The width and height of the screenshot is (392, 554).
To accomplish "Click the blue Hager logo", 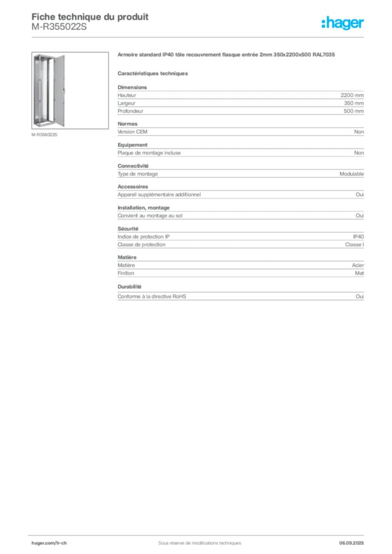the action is (x=344, y=23).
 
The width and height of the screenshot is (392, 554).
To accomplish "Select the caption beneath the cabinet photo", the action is (x=45, y=134).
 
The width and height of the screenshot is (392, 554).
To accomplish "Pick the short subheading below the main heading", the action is (x=153, y=72).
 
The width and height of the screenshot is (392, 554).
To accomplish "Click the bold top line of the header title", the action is (x=89, y=15).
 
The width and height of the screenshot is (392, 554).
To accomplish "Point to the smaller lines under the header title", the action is (x=60, y=29).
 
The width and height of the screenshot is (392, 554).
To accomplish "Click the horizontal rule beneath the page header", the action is (x=199, y=37).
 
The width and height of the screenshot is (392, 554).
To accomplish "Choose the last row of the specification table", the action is (x=240, y=296).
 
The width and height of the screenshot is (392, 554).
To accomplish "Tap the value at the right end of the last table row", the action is (x=362, y=296).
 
